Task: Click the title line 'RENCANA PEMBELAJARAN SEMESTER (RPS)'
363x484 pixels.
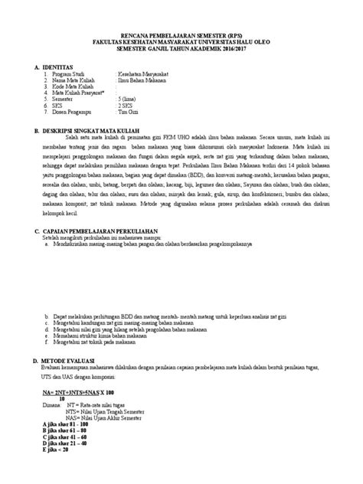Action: coord(181,36)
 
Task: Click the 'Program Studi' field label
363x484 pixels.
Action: coord(72,74)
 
